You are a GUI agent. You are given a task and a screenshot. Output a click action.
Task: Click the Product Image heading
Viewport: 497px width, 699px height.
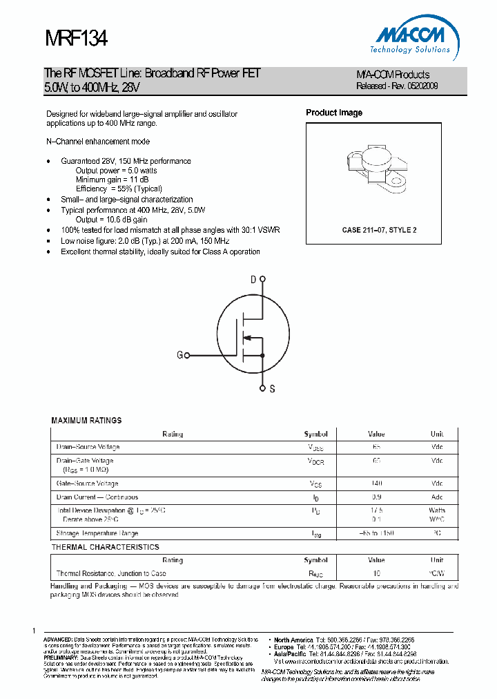pos(334,113)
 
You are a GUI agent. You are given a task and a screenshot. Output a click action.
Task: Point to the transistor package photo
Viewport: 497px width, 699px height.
pos(373,169)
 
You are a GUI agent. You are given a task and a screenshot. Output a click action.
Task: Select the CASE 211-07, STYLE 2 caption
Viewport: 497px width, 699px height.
pos(379,230)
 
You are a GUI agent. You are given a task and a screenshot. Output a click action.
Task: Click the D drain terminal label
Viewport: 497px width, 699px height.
pos(253,279)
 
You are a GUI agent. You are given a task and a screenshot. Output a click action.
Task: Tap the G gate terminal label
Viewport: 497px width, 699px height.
pos(180,355)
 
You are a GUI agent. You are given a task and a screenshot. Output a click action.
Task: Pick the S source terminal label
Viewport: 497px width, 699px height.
pos(272,389)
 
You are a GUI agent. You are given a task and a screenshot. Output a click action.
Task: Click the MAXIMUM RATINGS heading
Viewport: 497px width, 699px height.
pos(86,420)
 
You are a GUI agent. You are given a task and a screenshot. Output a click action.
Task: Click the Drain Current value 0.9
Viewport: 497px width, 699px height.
pos(376,497)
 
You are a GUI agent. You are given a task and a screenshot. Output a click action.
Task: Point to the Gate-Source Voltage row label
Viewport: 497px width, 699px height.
pos(87,483)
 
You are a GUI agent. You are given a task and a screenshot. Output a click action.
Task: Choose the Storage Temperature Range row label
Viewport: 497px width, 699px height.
pos(97,533)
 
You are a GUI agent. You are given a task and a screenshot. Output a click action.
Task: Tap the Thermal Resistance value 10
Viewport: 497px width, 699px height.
pos(376,573)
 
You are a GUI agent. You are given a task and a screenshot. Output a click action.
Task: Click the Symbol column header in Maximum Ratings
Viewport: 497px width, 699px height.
pos(315,434)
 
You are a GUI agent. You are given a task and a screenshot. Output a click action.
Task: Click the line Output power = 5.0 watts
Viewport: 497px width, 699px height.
pos(116,170)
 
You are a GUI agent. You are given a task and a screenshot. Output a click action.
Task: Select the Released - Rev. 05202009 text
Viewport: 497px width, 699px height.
pos(397,86)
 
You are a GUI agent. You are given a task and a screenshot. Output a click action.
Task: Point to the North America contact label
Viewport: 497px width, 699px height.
pos(293,640)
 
